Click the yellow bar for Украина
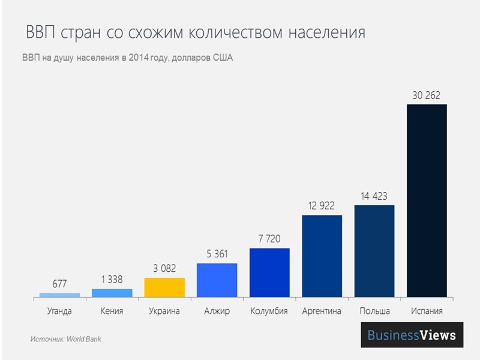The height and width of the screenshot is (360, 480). (164, 287)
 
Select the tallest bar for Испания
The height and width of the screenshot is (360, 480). (427, 200)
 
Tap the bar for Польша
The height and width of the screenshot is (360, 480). (374, 251)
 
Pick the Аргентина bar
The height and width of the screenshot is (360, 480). (322, 256)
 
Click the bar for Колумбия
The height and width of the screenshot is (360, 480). (269, 272)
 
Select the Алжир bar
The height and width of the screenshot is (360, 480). (217, 280)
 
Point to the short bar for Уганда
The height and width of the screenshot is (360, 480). (59, 295)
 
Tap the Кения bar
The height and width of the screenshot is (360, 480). (112, 293)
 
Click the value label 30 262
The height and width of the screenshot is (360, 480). (427, 95)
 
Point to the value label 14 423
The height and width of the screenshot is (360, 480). (374, 196)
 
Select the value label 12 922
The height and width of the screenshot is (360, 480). (322, 205)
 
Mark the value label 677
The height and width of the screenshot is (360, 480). (59, 283)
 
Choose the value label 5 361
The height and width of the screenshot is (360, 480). (217, 254)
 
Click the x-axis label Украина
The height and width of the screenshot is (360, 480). (164, 311)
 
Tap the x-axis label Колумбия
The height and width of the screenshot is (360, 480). (269, 311)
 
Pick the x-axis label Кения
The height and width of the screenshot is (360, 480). (112, 311)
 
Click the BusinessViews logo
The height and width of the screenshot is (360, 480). (412, 335)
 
